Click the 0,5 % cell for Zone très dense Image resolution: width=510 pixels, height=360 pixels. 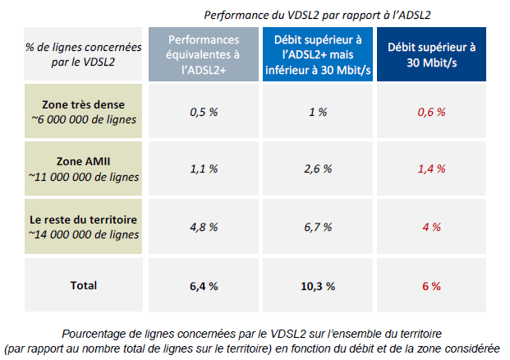204,112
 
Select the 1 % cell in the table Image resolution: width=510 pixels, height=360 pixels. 318,112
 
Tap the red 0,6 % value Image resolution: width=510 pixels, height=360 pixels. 431,112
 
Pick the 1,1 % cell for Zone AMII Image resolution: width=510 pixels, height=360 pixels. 204,168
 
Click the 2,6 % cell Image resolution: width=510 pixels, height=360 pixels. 318,168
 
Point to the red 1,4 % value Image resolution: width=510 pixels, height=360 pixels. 431,168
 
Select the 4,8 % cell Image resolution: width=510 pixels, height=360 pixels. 204,226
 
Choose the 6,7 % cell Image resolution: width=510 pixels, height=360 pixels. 318,226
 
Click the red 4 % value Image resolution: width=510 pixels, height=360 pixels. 431,226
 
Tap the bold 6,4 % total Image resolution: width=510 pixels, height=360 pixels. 204,286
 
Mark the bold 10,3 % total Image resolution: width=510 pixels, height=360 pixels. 318,286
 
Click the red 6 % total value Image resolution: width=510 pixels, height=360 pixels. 431,286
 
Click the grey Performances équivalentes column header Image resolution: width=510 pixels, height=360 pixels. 204,54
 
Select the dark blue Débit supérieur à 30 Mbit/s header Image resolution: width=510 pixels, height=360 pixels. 431,54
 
